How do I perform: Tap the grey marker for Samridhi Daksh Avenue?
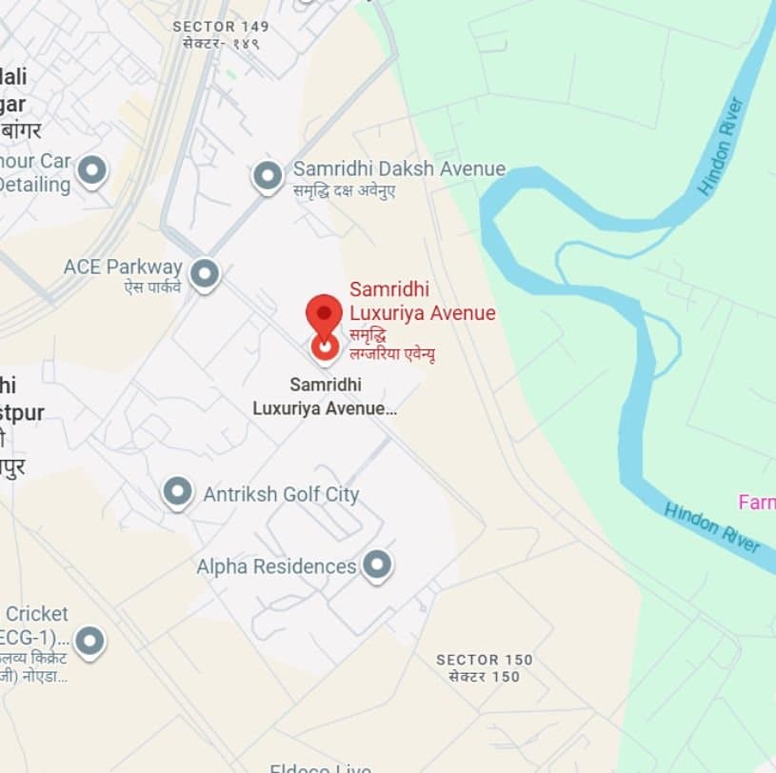(x=268, y=175)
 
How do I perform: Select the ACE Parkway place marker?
(x=205, y=274)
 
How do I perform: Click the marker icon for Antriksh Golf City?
(x=177, y=492)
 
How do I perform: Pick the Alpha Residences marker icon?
(x=378, y=565)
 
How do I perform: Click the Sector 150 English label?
(x=485, y=660)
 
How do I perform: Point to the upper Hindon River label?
(x=721, y=147)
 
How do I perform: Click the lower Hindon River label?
(x=713, y=526)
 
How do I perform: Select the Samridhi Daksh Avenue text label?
(x=399, y=168)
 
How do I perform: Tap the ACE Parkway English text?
(x=123, y=267)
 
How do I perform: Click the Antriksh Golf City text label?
(x=281, y=494)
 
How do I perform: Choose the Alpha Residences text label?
(x=276, y=566)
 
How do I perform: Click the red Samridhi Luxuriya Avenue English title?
(x=422, y=300)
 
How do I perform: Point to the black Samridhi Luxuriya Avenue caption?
(x=324, y=397)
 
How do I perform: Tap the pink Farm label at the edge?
(x=757, y=502)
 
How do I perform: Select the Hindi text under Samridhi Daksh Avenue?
(x=345, y=190)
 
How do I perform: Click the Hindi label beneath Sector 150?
(x=485, y=677)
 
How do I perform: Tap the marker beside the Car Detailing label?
(x=91, y=171)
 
